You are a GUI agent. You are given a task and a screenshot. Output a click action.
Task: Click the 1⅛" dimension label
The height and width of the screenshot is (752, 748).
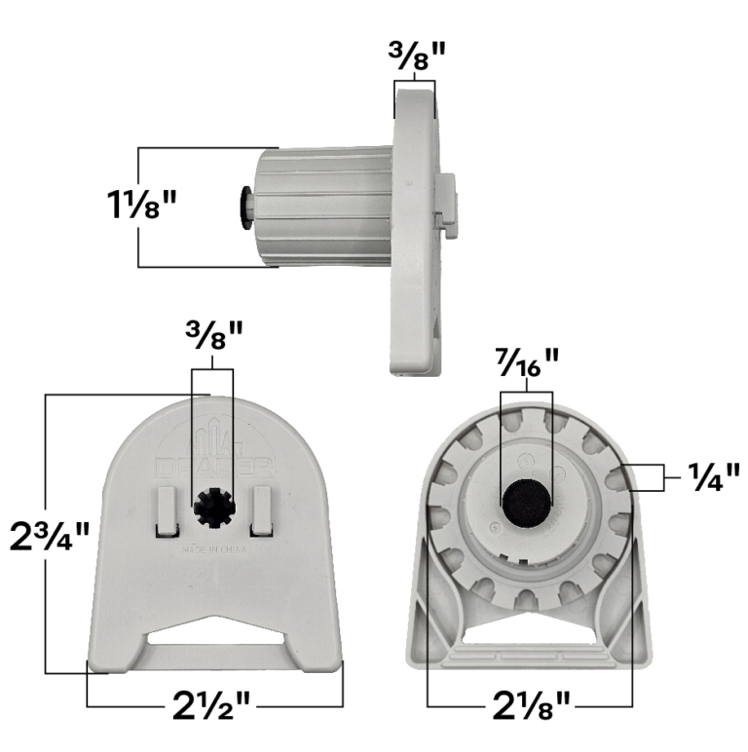[x=141, y=207]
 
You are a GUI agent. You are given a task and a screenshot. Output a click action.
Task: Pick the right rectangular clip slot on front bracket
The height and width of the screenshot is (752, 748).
[x=260, y=511]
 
